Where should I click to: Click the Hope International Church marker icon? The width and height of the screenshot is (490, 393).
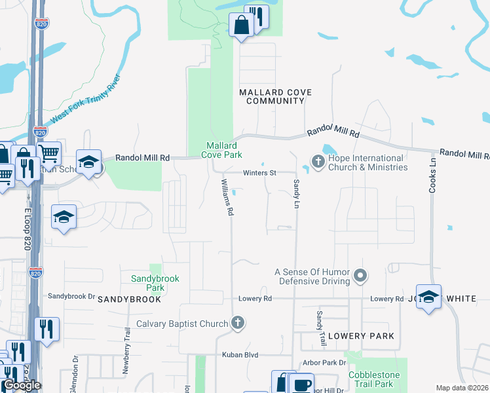318,161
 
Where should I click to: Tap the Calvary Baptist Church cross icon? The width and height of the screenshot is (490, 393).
238,323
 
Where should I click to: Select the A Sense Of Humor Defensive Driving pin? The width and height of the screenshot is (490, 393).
360,276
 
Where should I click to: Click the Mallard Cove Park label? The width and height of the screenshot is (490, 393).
223,150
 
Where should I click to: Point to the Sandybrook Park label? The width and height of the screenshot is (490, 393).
155,283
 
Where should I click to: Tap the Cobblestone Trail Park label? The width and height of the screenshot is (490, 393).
379,379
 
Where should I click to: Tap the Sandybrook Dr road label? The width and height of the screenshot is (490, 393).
72,297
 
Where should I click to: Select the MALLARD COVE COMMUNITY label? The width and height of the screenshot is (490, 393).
275,97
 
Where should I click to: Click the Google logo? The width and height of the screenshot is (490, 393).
22,385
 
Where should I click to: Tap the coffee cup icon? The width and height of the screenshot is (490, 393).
301,384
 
